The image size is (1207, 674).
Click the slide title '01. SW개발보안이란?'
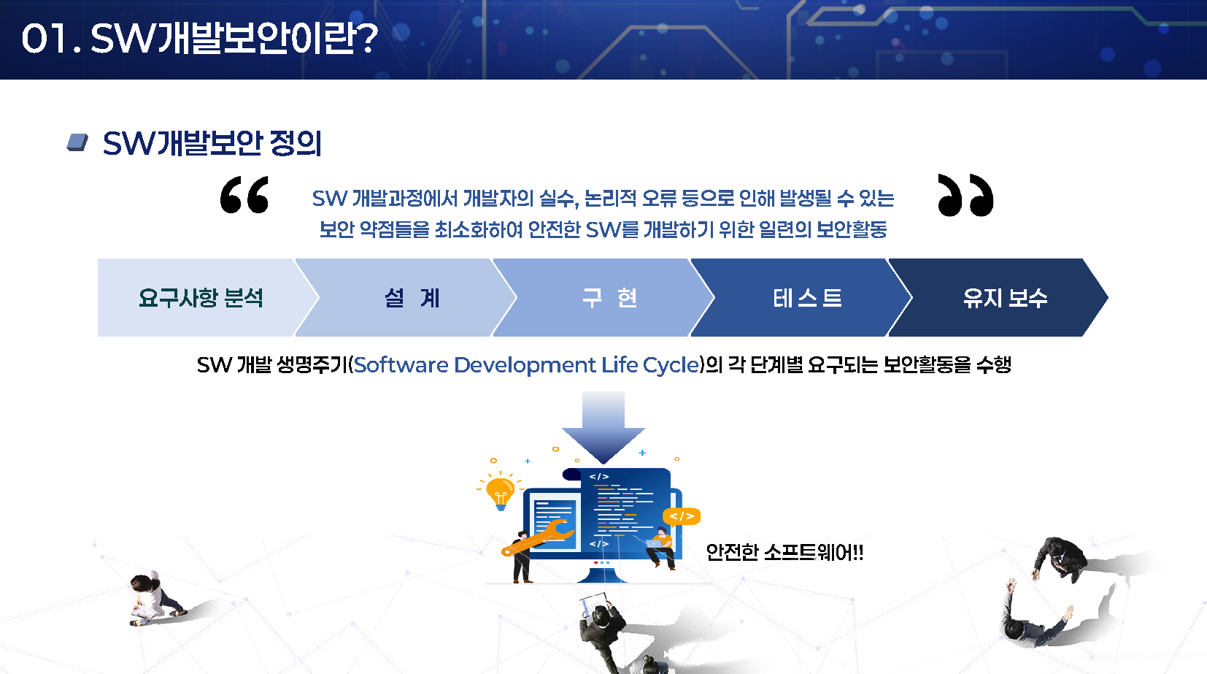199,39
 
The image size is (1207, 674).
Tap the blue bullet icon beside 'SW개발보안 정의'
77,143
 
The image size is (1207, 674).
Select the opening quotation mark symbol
244,195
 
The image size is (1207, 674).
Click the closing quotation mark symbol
965,195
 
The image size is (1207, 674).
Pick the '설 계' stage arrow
406,298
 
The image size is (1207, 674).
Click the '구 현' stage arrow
604,298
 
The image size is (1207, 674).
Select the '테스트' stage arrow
802,298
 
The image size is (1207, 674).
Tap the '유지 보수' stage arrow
998,298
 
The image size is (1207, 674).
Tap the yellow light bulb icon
500,491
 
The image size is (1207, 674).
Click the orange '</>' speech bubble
682,516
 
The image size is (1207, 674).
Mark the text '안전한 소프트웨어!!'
784,552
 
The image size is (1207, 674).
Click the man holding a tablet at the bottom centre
601,631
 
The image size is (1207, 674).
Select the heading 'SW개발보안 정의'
212,143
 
